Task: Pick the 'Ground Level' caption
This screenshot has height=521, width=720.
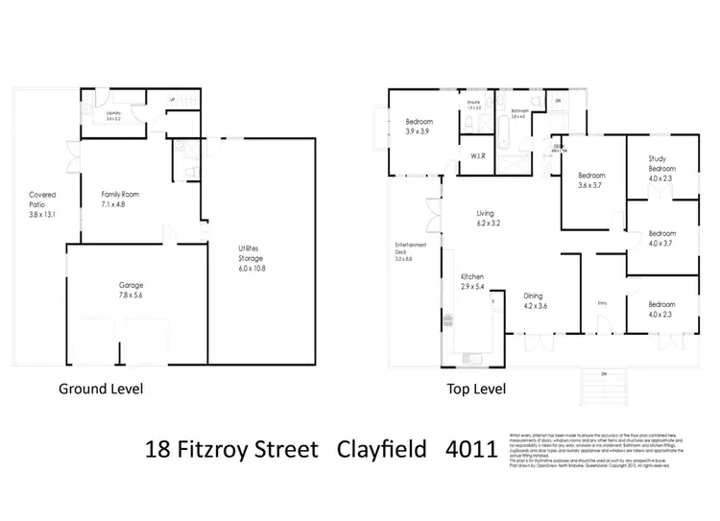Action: point(102,390)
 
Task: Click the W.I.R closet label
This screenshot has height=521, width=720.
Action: point(476,156)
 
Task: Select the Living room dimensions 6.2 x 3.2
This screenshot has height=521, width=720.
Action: point(489,223)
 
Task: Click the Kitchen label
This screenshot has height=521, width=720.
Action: point(470,276)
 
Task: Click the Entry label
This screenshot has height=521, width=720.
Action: point(603,303)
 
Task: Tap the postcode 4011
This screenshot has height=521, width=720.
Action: point(470,448)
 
